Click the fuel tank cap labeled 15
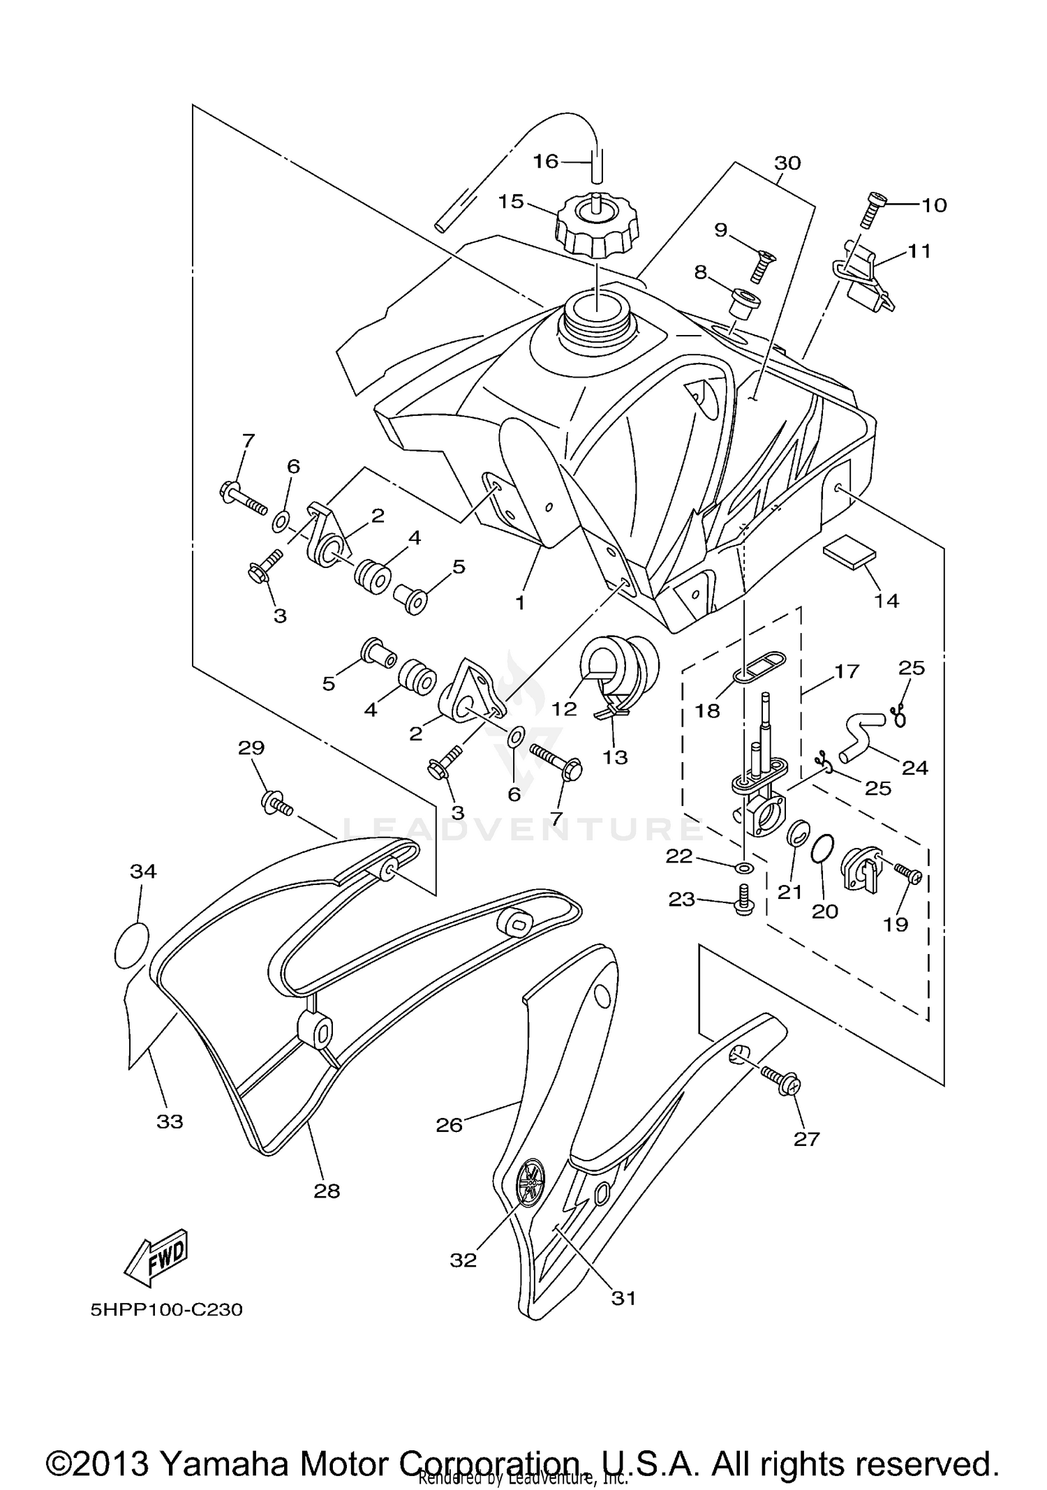[x=597, y=229]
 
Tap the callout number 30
[x=787, y=163]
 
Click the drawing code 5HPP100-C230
[x=166, y=1310]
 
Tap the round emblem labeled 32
[x=533, y=1182]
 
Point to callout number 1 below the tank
[x=520, y=602]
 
